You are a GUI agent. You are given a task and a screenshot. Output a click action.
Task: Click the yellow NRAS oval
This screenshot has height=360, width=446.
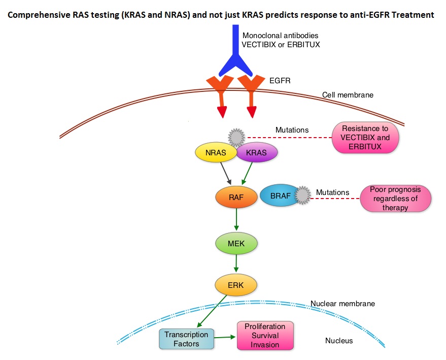coord(216,152)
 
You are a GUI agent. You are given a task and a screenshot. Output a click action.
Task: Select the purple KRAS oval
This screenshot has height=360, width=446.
coord(257,152)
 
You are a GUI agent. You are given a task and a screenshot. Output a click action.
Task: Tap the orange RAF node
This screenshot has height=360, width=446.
coord(236,197)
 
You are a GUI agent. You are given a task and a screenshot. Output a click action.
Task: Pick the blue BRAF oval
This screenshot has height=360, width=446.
coord(280,195)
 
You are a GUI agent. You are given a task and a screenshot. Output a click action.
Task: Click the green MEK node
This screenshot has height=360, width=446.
coord(236,243)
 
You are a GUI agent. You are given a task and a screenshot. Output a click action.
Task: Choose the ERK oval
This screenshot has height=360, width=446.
coord(236,285)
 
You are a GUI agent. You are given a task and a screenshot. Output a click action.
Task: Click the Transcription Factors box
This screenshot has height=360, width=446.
coord(186,339)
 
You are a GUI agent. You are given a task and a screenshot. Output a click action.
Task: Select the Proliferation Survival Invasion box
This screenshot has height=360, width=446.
coord(265,336)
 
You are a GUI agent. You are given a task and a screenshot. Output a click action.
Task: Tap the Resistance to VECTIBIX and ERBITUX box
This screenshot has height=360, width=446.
coord(365,138)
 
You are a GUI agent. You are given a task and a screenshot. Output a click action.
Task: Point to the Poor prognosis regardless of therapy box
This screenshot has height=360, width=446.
coord(395,199)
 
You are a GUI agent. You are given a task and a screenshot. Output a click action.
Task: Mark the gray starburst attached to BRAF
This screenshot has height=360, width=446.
coord(302,195)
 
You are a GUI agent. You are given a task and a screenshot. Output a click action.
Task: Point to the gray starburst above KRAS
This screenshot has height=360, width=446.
coord(236,138)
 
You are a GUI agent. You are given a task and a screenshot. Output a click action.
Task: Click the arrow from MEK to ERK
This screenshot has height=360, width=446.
coord(236,263)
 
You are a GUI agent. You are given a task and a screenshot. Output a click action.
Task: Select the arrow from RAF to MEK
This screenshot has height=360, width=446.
coord(236,219)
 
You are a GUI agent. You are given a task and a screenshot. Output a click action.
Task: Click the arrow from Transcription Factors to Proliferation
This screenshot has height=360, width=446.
coord(225,337)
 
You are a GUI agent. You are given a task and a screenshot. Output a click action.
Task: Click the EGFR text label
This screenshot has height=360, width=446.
coord(280,81)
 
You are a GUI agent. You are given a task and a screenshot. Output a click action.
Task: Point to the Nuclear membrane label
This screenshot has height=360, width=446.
coord(342,304)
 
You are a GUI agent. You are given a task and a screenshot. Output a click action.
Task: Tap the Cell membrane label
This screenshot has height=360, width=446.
coord(348,95)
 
